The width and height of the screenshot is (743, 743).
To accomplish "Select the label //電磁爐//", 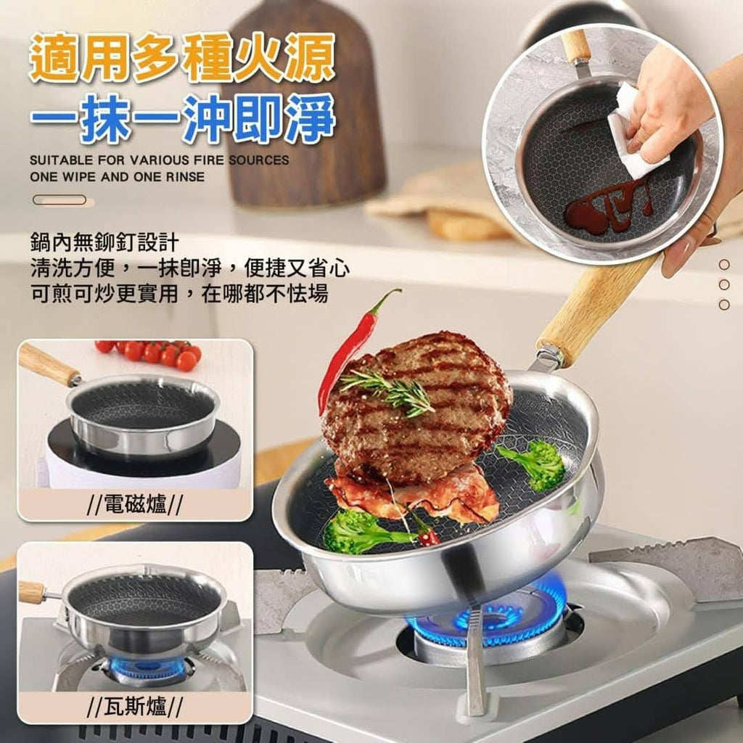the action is [135, 504].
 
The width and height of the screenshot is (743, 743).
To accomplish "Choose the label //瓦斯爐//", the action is [135, 707].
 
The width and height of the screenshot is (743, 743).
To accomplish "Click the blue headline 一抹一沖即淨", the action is [182, 118].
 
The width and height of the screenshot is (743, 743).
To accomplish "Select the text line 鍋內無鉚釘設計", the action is [104, 242].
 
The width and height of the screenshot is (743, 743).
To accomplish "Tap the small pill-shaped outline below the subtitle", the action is [59, 200].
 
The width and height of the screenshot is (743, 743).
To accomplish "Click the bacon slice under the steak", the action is [412, 493].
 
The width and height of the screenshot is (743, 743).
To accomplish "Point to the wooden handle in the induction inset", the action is [49, 364].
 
